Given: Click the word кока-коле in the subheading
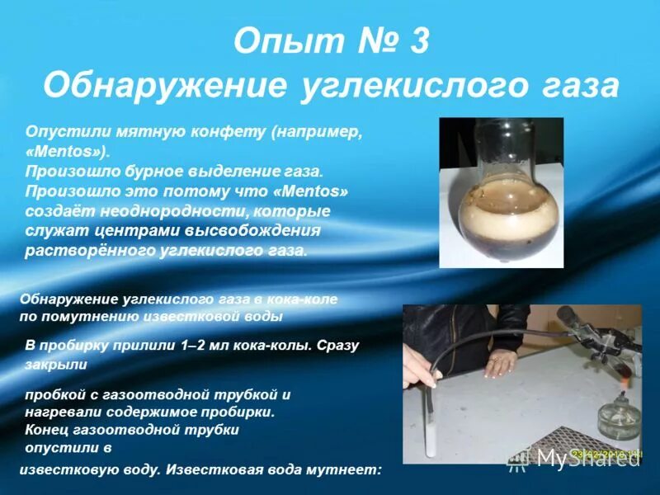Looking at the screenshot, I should click(x=305, y=299).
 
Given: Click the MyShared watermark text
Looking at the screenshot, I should click(x=589, y=458).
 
